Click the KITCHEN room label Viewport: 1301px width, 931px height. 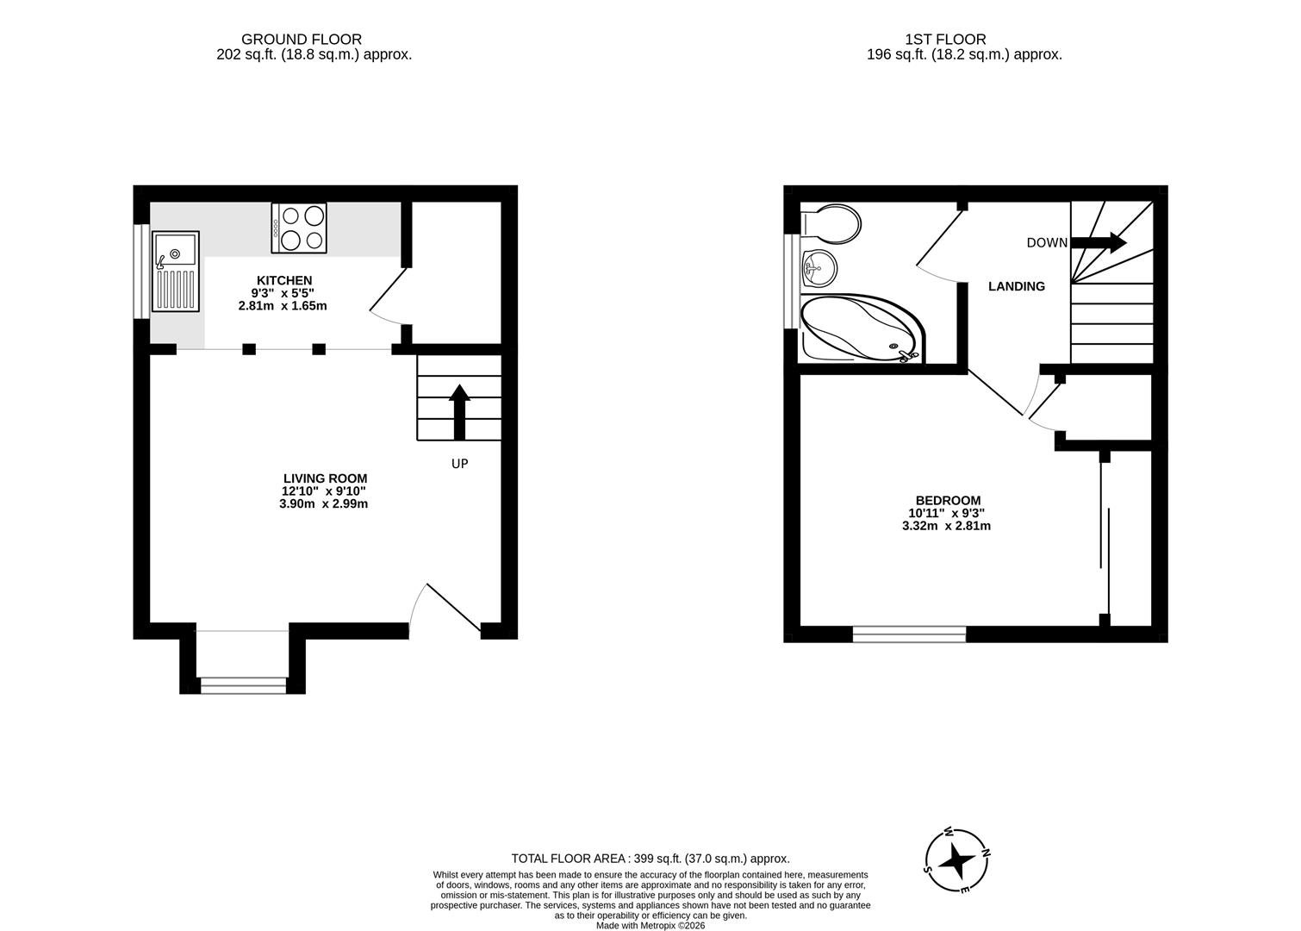[284, 280]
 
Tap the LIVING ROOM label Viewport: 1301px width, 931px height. [326, 478]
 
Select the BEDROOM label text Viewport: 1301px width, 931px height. [948, 500]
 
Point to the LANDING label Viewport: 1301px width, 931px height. [1017, 286]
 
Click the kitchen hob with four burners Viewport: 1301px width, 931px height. [299, 228]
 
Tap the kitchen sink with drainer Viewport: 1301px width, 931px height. [176, 272]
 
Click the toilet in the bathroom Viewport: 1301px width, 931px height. [831, 223]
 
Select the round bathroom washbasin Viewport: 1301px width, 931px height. [819, 268]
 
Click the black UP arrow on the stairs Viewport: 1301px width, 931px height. [459, 411]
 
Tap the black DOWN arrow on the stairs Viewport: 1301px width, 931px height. [1099, 242]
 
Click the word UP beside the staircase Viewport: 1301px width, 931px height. [459, 464]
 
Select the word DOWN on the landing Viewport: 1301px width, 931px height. [1047, 243]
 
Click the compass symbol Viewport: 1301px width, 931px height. [956, 860]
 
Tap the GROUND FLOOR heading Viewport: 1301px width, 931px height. [302, 40]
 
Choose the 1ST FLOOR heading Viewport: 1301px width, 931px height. [945, 40]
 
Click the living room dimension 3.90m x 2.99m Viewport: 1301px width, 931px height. [323, 503]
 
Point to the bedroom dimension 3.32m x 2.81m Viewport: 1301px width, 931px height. [946, 526]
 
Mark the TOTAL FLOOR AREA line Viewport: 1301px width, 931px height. [650, 859]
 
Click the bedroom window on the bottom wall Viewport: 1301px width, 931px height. [910, 634]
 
